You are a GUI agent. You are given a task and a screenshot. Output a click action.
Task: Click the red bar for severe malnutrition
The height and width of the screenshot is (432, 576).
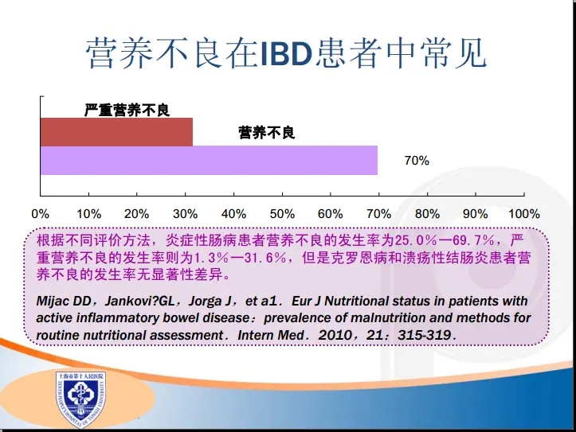(116, 132)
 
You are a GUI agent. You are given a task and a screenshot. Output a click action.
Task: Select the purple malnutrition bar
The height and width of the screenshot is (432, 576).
(209, 160)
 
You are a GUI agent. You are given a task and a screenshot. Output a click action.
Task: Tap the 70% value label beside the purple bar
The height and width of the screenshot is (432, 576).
(417, 161)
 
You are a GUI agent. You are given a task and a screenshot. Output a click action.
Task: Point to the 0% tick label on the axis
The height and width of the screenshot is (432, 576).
(41, 214)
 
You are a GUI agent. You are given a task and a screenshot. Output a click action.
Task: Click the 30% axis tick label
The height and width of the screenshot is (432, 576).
(185, 214)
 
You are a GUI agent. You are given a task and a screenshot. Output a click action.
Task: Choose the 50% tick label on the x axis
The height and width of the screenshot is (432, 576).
(282, 214)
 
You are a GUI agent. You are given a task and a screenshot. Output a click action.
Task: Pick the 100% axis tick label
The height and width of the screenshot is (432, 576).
(524, 214)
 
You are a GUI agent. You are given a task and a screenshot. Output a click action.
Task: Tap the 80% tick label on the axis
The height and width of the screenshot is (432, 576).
(427, 214)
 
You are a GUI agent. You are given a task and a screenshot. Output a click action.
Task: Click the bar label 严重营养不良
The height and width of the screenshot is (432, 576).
(127, 110)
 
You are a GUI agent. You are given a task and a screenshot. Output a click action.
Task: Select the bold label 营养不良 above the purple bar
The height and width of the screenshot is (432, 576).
(267, 132)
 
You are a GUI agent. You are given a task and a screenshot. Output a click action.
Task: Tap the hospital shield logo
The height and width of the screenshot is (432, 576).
(80, 399)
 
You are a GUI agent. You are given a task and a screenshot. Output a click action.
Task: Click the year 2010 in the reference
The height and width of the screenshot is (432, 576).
(335, 335)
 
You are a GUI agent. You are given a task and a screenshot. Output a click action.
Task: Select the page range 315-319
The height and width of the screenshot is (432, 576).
(425, 335)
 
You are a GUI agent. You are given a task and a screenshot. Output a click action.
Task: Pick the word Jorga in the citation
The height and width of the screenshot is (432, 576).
(206, 302)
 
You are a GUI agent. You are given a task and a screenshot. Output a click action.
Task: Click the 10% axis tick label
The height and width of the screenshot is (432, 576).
(88, 214)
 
